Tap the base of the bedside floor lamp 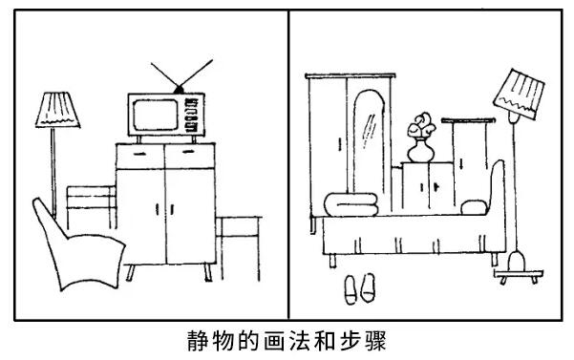click(517, 259)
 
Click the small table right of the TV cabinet click(237, 229)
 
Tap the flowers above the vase click(421, 125)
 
